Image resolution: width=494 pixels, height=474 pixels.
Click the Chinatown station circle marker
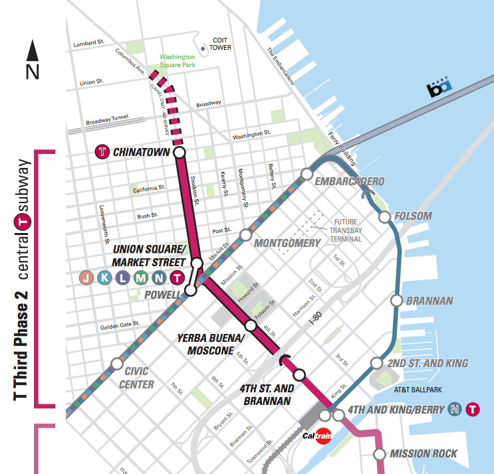179,153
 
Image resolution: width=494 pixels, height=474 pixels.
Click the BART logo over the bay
439,89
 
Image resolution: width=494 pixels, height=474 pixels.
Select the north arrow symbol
32,59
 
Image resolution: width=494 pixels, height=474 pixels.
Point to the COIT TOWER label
220,44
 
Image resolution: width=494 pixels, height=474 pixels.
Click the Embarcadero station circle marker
307,174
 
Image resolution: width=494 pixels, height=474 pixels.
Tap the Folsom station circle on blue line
384,216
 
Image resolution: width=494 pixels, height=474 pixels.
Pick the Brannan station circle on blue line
396,301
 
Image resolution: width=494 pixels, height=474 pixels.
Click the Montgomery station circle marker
245,234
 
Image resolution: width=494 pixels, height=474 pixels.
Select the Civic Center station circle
116,363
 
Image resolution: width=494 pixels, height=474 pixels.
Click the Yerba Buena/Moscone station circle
250,325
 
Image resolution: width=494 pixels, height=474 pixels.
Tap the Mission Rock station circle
379,454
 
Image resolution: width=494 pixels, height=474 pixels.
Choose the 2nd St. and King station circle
376,363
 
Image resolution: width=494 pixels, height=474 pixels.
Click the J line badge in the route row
86,278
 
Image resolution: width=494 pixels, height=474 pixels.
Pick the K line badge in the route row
104,278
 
